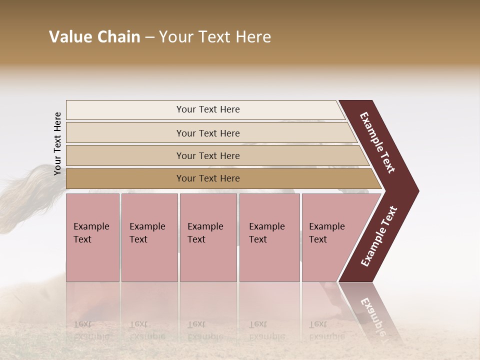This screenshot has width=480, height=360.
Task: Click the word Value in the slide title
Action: point(69,37)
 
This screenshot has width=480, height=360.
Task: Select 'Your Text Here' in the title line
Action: point(215,37)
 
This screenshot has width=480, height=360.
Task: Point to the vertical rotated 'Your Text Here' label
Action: point(57,143)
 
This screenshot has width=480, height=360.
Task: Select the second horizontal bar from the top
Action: point(207,133)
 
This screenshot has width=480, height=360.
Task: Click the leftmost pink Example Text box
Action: point(92,237)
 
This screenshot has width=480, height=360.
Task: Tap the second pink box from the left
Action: point(149,237)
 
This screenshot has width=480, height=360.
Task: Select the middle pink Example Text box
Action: point(208,237)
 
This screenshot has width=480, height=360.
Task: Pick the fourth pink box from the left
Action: point(269,237)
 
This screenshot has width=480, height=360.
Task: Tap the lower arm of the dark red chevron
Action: point(378,237)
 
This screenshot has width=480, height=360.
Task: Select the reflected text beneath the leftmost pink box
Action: point(91,330)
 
